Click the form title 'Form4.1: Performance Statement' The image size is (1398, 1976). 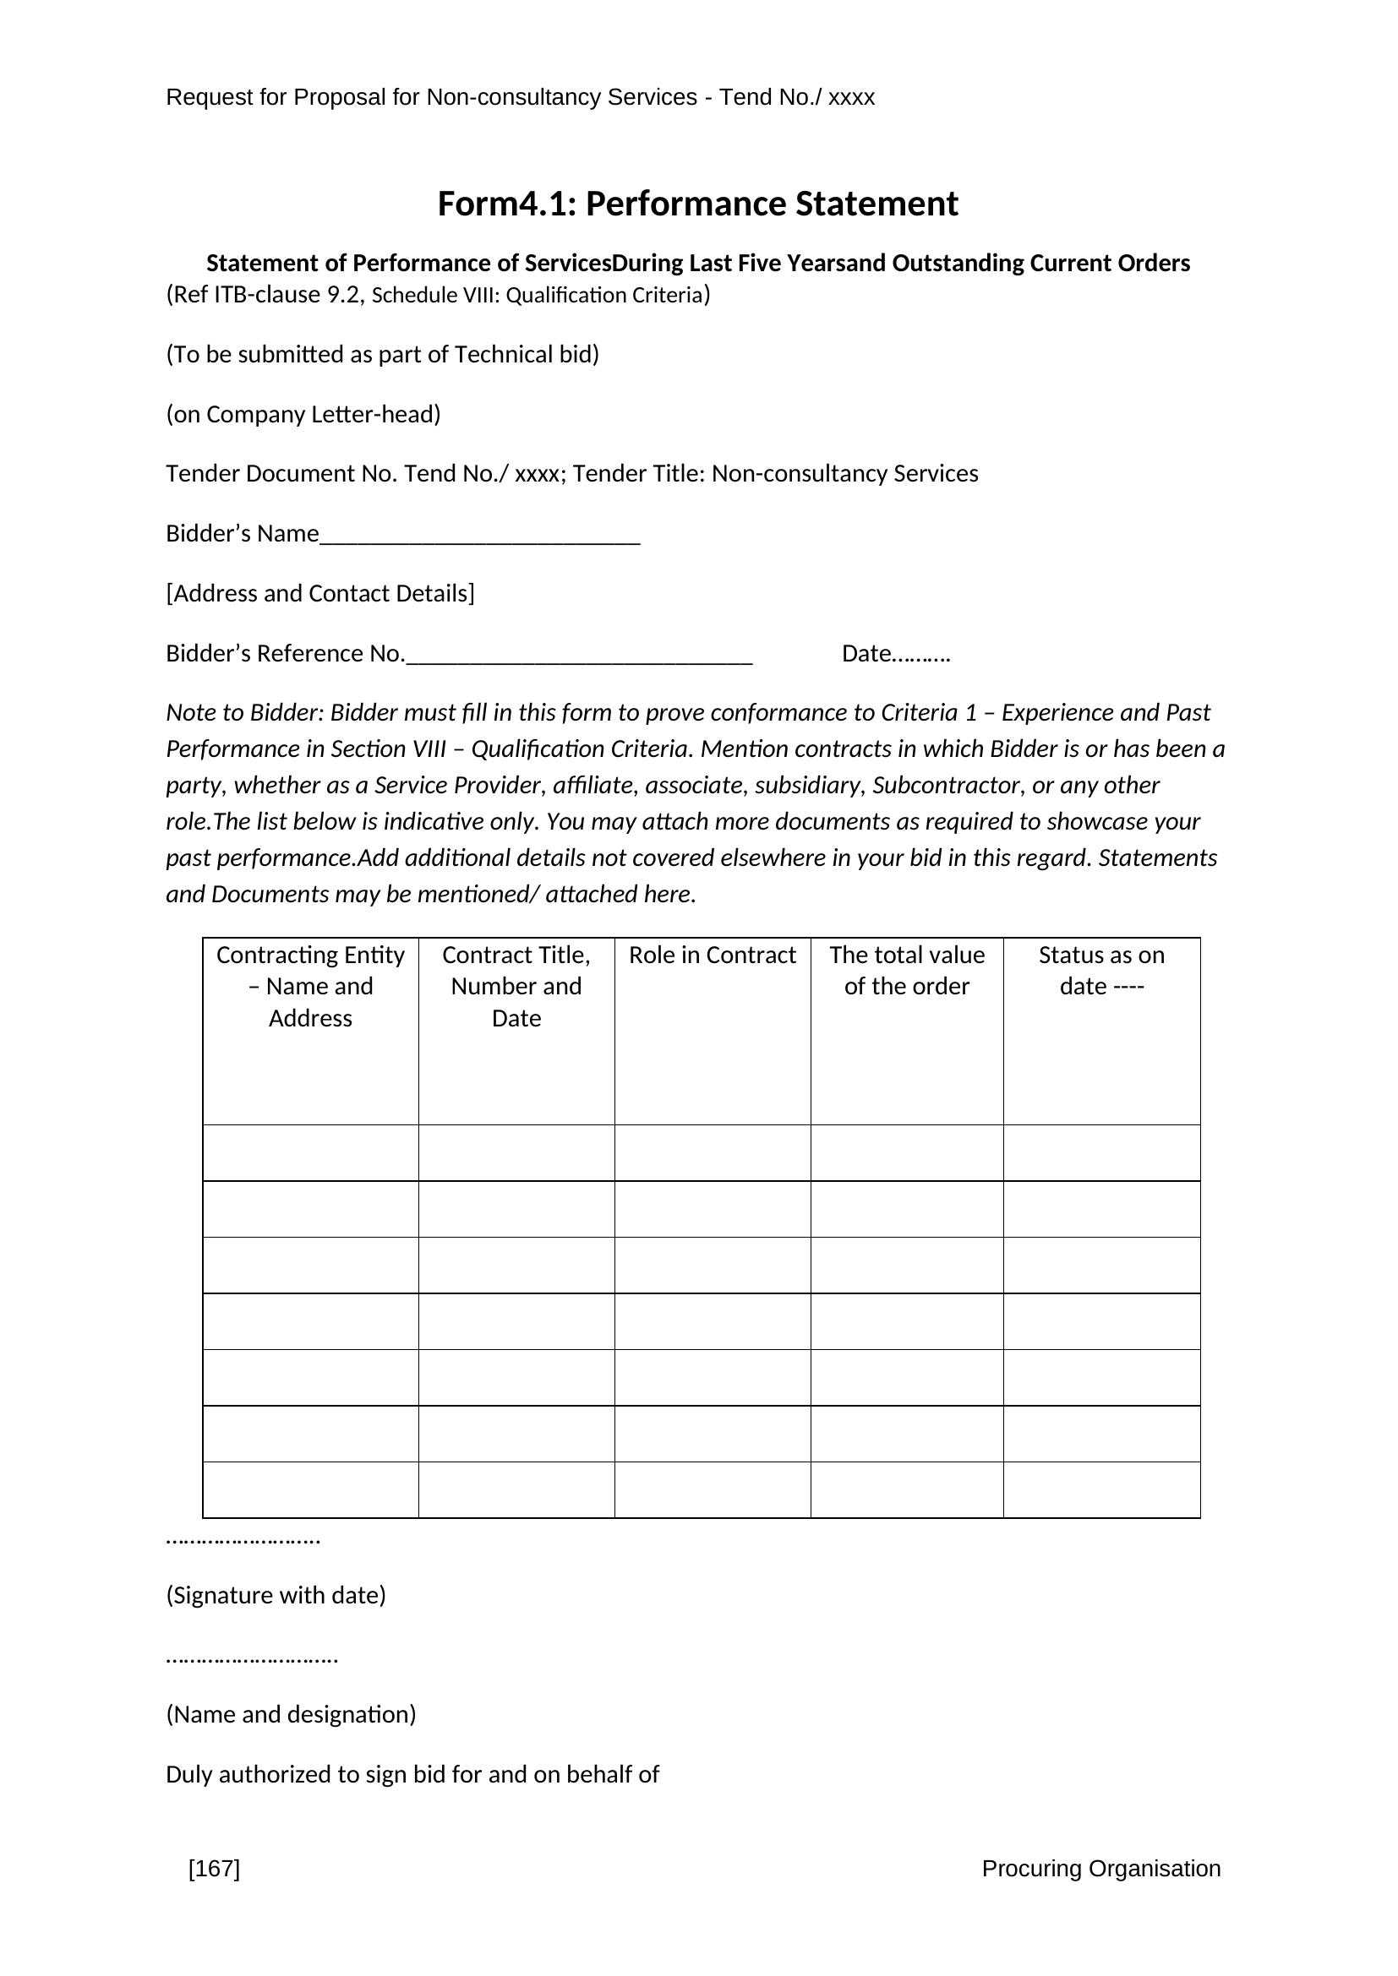pyautogui.click(x=697, y=204)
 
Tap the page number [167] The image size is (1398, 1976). pyautogui.click(x=215, y=1868)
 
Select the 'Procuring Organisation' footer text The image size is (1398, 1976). pyautogui.click(x=1100, y=1868)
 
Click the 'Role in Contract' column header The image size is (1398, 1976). pyautogui.click(x=712, y=955)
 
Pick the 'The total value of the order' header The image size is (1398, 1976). pyautogui.click(x=906, y=971)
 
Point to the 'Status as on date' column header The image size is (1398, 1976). pyautogui.click(x=1101, y=971)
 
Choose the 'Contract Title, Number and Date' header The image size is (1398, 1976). pyautogui.click(x=516, y=986)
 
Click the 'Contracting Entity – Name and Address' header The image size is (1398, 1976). pyautogui.click(x=310, y=986)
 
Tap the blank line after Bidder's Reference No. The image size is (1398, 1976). pyautogui.click(x=578, y=656)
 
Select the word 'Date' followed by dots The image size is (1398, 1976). pyautogui.click(x=895, y=654)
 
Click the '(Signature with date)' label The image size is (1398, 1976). pyautogui.click(x=276, y=1595)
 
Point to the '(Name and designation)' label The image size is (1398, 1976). pyautogui.click(x=291, y=1713)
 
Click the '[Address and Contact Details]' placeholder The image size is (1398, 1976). pyautogui.click(x=320, y=594)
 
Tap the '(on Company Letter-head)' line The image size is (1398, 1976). pyautogui.click(x=303, y=415)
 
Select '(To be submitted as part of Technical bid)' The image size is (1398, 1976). pyautogui.click(x=382, y=355)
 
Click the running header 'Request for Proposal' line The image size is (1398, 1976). pyautogui.click(x=520, y=97)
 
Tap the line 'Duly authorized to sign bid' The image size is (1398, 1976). pyautogui.click(x=412, y=1774)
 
